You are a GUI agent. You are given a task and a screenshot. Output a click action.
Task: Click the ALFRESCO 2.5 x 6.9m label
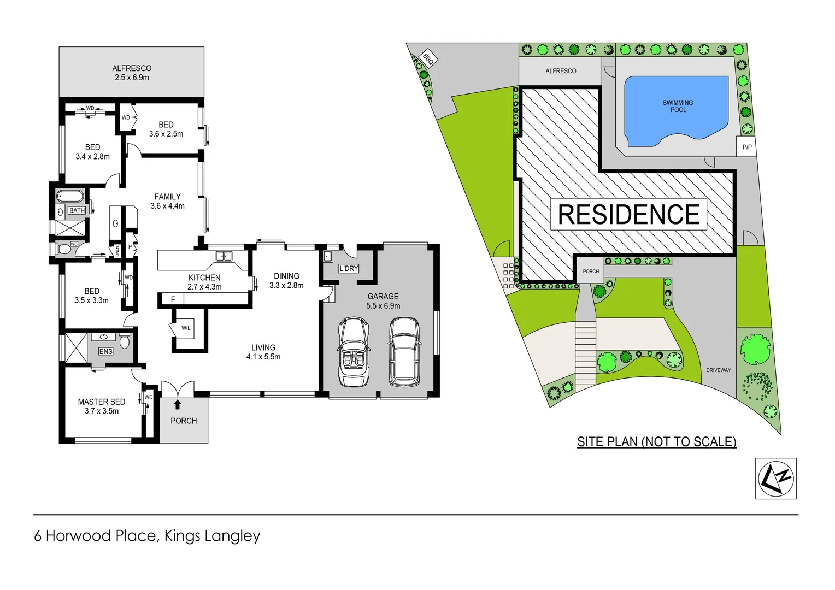point(132,73)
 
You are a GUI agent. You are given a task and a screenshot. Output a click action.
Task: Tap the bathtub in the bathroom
point(70,196)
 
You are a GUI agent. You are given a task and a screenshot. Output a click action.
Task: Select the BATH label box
point(77,210)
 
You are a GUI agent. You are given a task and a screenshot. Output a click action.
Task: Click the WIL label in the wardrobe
point(186,328)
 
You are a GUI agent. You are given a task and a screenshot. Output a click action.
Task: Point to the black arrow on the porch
point(177,404)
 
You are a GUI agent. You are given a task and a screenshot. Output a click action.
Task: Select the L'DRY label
point(349,268)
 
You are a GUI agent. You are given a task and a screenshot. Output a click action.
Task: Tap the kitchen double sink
point(224,256)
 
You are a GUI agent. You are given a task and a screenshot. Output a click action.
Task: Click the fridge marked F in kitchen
point(173,299)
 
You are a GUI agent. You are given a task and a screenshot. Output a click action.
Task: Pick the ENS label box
point(105,351)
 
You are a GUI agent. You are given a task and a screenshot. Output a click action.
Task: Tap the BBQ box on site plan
point(428,58)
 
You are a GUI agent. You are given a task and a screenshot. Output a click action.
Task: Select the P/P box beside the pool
point(747,147)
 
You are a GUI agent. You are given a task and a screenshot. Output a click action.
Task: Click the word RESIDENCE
point(628,214)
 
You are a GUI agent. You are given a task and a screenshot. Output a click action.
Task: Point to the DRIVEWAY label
point(718,370)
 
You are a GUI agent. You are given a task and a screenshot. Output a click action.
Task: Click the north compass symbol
point(775,478)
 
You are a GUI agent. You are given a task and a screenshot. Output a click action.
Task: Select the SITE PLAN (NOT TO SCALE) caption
point(656,441)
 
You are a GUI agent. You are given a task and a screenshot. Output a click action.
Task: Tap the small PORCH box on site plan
point(591,272)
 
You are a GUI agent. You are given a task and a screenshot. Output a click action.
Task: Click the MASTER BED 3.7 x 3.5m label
point(102,406)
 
